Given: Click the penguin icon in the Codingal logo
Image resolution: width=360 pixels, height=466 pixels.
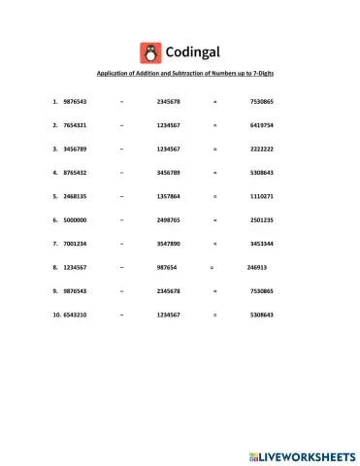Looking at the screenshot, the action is pos(150,51).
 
